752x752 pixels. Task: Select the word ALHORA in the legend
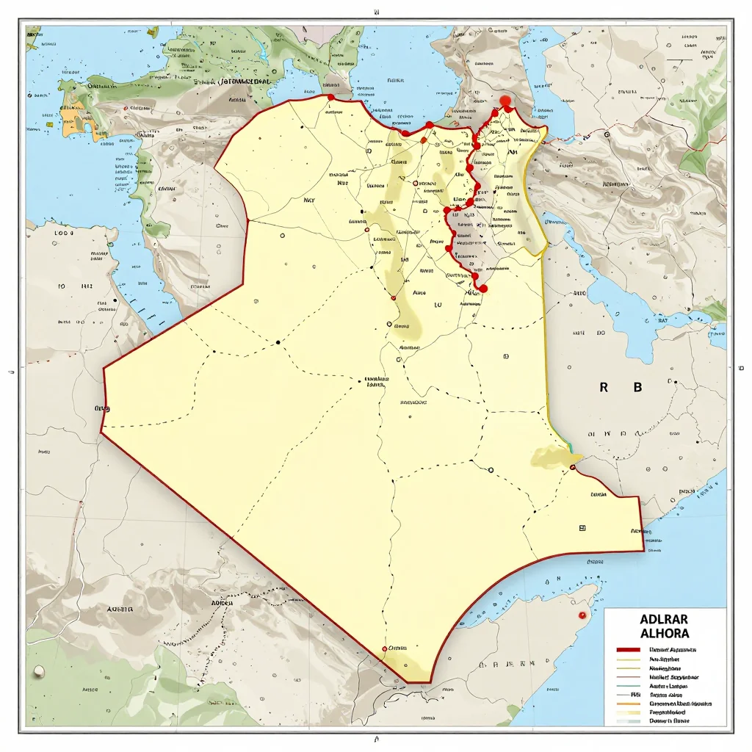click(x=665, y=633)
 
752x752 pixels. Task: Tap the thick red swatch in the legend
click(x=629, y=650)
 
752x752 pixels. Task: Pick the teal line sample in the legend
click(x=629, y=685)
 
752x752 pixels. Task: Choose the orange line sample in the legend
click(x=629, y=704)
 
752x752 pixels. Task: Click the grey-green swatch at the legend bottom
click(x=629, y=721)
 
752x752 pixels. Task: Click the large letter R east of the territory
click(x=604, y=388)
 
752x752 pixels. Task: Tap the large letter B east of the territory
click(x=637, y=388)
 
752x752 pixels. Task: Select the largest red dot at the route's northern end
click(x=505, y=102)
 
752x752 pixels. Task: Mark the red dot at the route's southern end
click(x=482, y=289)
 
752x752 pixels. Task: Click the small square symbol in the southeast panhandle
click(x=582, y=527)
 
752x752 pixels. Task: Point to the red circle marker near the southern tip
click(x=384, y=649)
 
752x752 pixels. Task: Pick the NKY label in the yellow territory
click(x=309, y=199)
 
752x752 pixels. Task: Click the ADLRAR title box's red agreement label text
click(x=673, y=650)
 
